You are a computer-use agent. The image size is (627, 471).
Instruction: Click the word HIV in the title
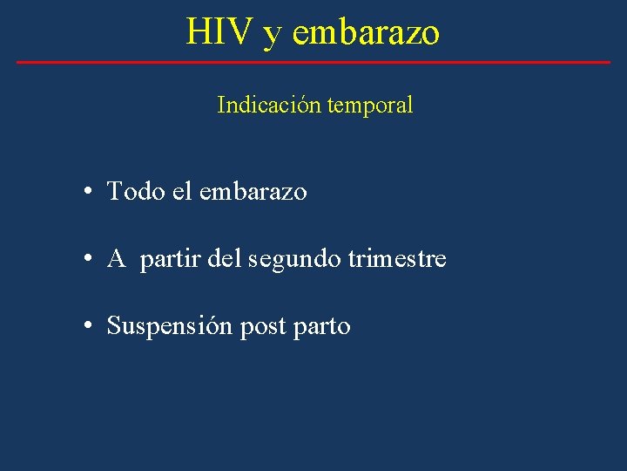click(x=219, y=31)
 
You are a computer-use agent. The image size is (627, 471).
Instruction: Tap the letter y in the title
click(x=273, y=35)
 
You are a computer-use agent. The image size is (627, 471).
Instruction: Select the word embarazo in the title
click(x=366, y=31)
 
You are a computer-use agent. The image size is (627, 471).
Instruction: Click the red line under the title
click(x=313, y=62)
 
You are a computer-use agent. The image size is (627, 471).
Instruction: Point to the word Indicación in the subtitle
click(x=268, y=106)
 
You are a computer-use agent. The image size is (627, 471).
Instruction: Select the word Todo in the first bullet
click(x=136, y=191)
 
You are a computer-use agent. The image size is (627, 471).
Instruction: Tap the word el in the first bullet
click(x=182, y=191)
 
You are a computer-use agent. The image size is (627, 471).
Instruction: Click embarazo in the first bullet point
click(x=253, y=191)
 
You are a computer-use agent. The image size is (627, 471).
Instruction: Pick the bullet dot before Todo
click(x=90, y=191)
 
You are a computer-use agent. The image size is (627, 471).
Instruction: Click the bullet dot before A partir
click(x=90, y=259)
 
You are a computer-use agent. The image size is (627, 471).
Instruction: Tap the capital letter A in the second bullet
click(x=117, y=259)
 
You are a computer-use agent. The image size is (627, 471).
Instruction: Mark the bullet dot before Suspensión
click(x=90, y=327)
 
